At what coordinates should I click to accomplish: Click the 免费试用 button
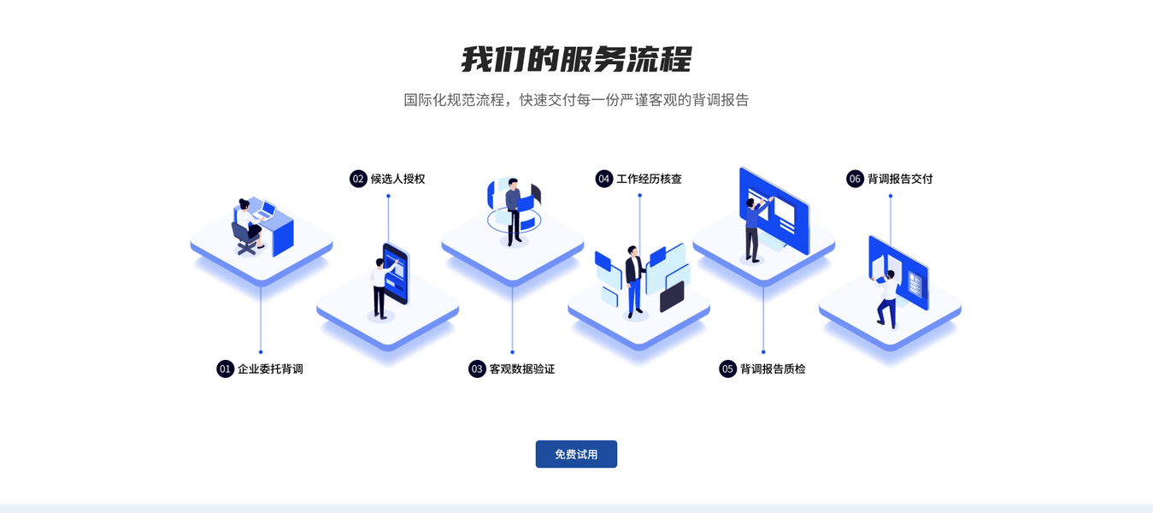pos(576,454)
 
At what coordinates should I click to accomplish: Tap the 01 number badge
pos(225,369)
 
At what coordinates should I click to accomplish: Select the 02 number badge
pos(358,179)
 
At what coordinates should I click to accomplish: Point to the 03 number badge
pos(477,369)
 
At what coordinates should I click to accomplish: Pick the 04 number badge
pos(604,179)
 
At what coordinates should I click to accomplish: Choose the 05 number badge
pos(728,369)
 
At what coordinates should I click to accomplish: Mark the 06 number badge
pos(855,179)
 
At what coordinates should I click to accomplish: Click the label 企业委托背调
pos(270,369)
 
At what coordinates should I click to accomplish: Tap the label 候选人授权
pos(398,179)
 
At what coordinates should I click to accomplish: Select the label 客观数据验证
pos(522,369)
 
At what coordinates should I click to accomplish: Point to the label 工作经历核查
pos(649,179)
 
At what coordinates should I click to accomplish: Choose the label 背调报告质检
pos(773,369)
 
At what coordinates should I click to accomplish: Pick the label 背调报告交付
pos(900,179)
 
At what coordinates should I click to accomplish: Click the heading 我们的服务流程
pos(576,59)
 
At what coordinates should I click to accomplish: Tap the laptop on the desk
pos(266,210)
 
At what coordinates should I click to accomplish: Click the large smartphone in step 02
pos(397,274)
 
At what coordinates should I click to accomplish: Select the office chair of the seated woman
pos(244,239)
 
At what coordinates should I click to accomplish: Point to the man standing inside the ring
pos(513,212)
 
